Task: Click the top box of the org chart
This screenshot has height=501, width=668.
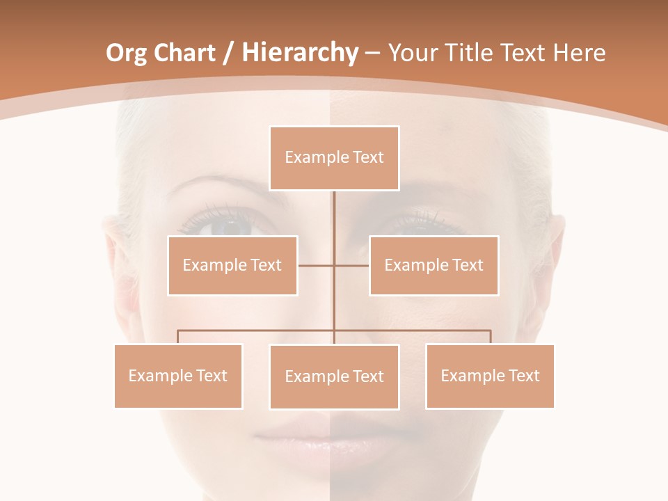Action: [x=334, y=158]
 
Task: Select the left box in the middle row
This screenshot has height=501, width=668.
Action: [x=232, y=265]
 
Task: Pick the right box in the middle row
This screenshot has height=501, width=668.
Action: [x=434, y=265]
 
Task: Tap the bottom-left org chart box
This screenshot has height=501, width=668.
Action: [x=178, y=376]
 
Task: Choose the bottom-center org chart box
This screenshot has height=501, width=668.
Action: [x=334, y=376]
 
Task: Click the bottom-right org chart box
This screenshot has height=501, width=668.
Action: [x=490, y=376]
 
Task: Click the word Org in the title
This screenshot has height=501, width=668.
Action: [x=126, y=53]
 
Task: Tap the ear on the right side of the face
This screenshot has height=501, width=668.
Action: [x=557, y=244]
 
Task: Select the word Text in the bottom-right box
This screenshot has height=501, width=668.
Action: [x=524, y=376]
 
